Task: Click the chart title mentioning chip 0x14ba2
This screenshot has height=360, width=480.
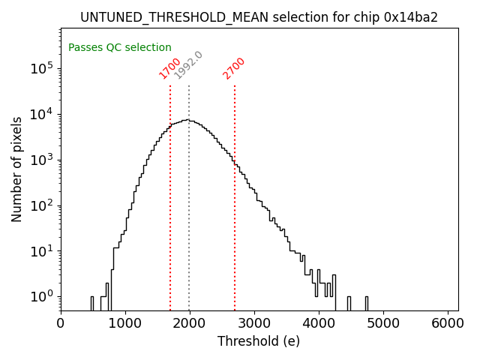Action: [x=259, y=16]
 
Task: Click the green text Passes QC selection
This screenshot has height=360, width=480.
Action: [x=120, y=47]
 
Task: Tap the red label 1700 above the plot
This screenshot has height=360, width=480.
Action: [x=169, y=68]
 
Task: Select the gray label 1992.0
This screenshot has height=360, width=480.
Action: [x=188, y=65]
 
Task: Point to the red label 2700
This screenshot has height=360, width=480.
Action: [x=234, y=68]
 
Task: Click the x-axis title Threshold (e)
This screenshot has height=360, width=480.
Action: [x=259, y=341]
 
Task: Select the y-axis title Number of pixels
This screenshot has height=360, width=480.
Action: [x=17, y=169]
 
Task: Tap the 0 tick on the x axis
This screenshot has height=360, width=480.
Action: [x=61, y=323]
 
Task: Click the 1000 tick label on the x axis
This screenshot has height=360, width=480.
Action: [x=125, y=323]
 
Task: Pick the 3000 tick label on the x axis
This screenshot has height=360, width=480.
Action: [x=254, y=323]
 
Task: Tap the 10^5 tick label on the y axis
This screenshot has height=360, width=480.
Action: [x=41, y=69]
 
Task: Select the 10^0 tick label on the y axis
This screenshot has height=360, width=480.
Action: [x=41, y=297]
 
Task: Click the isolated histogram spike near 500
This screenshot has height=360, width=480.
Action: [x=92, y=303]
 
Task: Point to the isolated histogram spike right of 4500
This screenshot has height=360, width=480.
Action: [x=367, y=303]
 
